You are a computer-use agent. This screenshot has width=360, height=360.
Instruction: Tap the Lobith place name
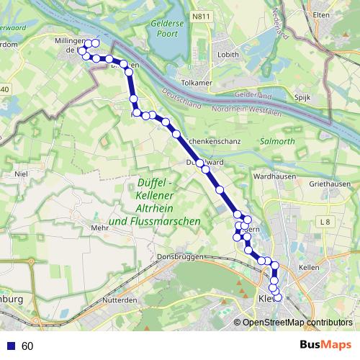209,53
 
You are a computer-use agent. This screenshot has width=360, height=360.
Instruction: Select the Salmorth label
276,142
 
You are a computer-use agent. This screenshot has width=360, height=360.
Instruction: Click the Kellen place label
308,267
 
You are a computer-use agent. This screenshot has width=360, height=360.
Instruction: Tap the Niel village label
20,174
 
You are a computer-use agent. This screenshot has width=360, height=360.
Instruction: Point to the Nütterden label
120,299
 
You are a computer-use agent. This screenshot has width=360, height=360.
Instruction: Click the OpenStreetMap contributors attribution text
297,322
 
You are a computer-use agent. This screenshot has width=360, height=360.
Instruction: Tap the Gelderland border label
253,96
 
